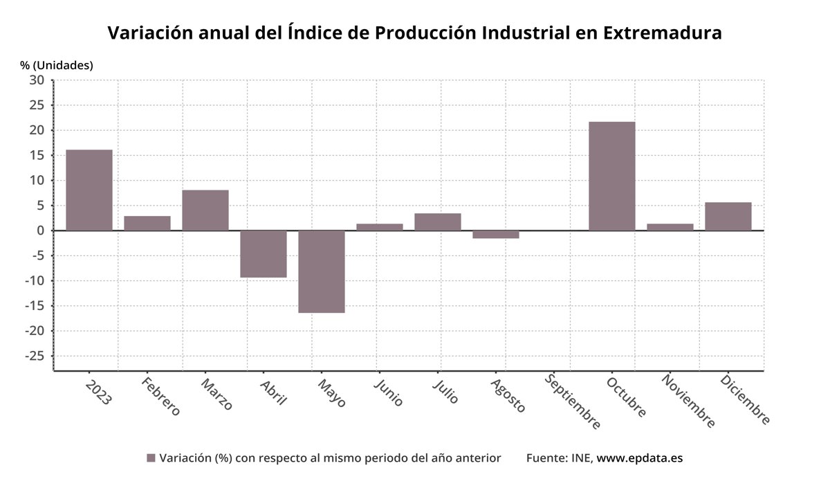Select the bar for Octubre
[x=611, y=176]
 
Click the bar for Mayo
[x=322, y=271]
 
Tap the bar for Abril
[x=264, y=254]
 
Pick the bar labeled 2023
[x=89, y=190]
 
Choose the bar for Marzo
[x=205, y=210]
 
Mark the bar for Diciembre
[x=728, y=216]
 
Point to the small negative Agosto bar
[x=496, y=235]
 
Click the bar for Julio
[x=438, y=222]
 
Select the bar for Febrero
[x=147, y=223]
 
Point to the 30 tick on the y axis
[x=37, y=80]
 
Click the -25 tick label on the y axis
[x=33, y=356]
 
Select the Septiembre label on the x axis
[x=572, y=401]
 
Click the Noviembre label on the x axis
[x=688, y=401]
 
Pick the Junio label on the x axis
[x=388, y=391]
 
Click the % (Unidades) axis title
[x=57, y=65]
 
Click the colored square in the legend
[x=151, y=458]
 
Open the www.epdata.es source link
[x=639, y=458]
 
